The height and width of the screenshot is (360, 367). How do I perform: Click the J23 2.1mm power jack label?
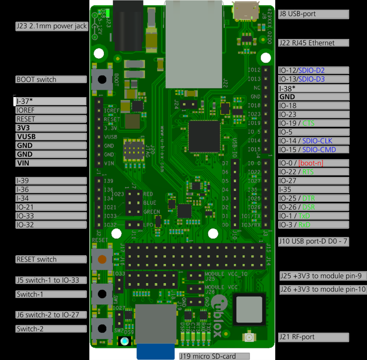(52, 26)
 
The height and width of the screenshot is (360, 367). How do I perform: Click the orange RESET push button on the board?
(102, 260)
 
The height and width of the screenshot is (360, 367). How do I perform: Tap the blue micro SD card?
(155, 351)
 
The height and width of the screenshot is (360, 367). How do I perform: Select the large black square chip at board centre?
(204, 136)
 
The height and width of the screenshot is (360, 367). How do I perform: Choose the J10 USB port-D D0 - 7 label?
(313, 242)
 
